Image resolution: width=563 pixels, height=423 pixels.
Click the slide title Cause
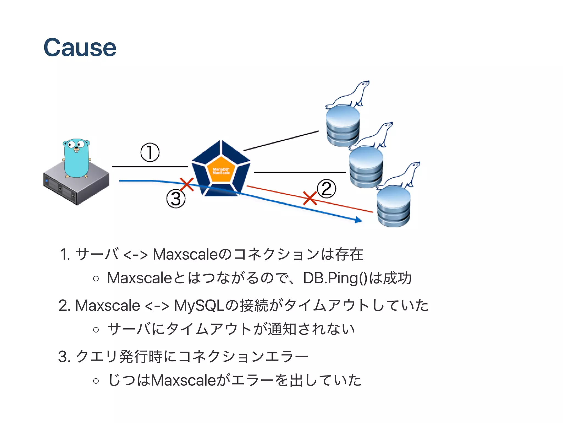coord(80,48)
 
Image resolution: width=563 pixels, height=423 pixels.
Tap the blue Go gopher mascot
coord(76,158)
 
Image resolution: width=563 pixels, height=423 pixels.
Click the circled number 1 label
coord(150,152)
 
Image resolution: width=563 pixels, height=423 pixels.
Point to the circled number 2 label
coord(326,189)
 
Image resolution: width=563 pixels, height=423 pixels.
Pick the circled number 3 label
coord(176,199)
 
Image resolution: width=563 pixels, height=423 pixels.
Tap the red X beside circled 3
coord(187,184)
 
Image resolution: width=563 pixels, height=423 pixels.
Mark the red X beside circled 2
coord(310,198)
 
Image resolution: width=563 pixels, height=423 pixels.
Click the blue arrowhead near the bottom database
coord(358,220)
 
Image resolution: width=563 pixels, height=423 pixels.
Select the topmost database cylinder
coord(343,126)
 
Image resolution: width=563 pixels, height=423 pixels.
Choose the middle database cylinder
coord(366,167)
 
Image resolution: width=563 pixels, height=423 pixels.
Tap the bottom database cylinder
coord(393,207)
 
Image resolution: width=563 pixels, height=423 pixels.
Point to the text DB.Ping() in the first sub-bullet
coord(335,278)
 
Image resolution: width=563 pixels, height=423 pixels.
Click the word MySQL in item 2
coord(199,306)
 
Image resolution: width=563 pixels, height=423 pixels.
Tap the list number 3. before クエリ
coord(65,357)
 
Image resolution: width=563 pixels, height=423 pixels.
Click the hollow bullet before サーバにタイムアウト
coord(96,329)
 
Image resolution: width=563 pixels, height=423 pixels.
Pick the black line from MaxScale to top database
coord(281,141)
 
